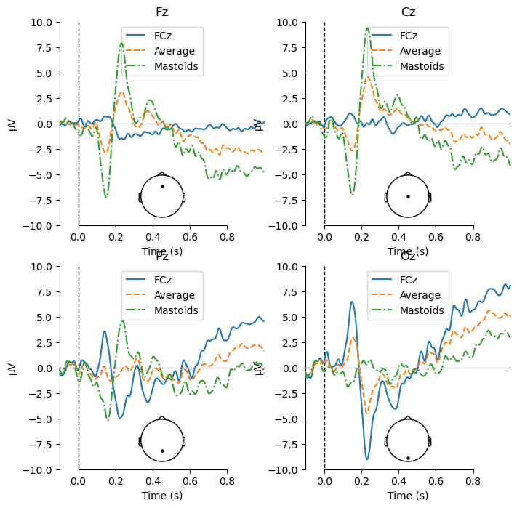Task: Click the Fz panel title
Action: coord(162,12)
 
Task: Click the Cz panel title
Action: coord(408,12)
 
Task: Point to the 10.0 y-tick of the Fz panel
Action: coord(40,23)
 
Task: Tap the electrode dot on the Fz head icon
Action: coord(162,186)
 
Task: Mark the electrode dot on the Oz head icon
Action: coord(408,458)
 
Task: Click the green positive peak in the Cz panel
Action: coord(367,28)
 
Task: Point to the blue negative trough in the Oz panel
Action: coord(367,459)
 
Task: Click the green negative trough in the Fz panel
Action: coord(106,197)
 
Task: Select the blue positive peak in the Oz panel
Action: coord(352,302)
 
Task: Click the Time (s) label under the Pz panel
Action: coord(162,495)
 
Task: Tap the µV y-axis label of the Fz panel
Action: coord(12,124)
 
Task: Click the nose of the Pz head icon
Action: coord(162,417)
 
